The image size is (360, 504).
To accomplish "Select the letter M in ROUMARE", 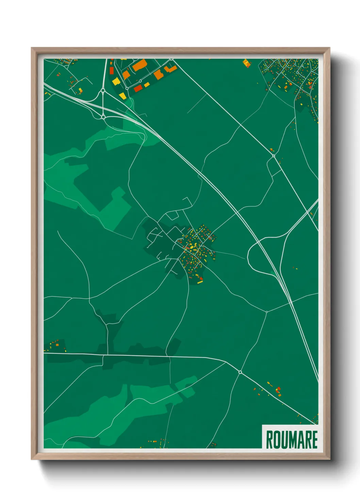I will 295,440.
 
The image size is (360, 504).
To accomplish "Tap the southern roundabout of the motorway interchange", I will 103,117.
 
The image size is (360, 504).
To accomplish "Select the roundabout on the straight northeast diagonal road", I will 274,156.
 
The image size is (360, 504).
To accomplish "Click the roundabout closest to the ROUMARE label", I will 240,372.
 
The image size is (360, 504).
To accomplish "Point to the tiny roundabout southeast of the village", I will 267,312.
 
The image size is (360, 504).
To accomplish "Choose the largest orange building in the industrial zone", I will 140,65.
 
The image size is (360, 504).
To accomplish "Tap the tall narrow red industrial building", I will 111,70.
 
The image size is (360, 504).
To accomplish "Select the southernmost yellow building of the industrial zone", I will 122,96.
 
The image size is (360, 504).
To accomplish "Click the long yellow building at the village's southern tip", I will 200,281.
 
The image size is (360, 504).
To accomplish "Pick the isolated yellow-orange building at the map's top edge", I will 246,63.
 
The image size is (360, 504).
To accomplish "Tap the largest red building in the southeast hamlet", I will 279,389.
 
